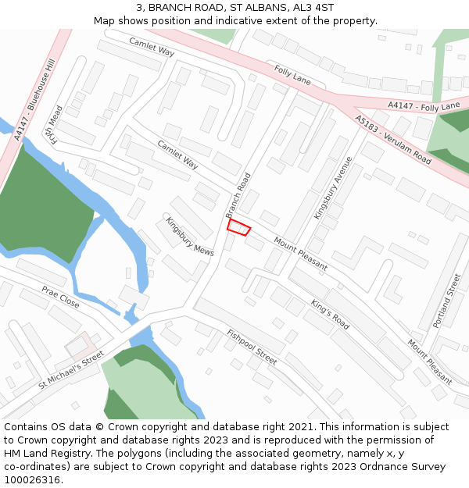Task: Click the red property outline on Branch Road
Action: [238, 227]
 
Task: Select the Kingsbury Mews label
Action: [189, 237]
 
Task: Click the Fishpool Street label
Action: [252, 347]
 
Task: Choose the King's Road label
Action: [330, 313]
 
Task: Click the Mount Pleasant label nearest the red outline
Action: [300, 255]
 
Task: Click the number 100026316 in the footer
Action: [31, 479]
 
